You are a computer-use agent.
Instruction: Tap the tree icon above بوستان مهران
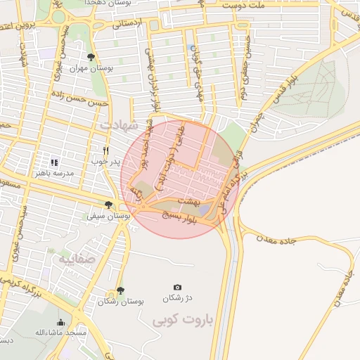point(90,57)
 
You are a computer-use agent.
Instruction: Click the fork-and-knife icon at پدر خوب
point(106,150)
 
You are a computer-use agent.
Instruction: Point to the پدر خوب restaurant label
point(105,161)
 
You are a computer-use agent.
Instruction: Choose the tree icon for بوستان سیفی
point(108,205)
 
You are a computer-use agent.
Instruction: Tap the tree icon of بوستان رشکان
point(120,290)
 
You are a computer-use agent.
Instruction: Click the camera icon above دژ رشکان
point(177,288)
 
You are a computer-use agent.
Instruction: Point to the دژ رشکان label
point(176,298)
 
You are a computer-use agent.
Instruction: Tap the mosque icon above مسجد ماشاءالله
point(60,323)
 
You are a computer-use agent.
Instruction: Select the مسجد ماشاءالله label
point(60,333)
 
